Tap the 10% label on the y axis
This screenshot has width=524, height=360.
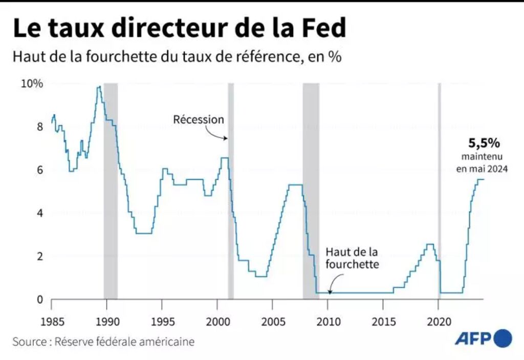(32, 83)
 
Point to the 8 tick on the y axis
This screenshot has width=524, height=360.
(39, 126)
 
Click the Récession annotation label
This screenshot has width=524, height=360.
(199, 119)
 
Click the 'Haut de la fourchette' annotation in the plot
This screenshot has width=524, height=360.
(352, 258)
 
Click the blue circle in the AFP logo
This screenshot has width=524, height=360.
(503, 338)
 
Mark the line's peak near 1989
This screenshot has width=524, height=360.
(99, 87)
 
